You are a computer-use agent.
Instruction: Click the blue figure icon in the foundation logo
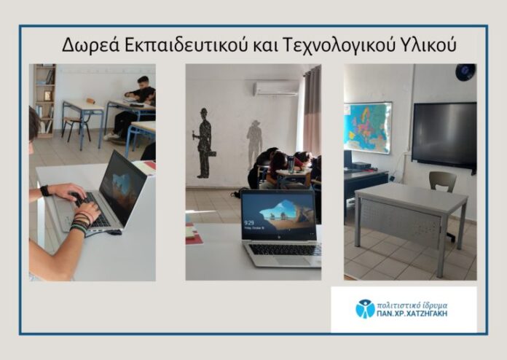[x=365, y=308]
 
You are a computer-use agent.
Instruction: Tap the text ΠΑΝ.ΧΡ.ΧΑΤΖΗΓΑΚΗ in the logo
[x=412, y=313]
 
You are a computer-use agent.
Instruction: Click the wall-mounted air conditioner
[x=276, y=88]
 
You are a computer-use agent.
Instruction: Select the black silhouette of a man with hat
[x=205, y=143]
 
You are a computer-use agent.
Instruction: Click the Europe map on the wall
[x=368, y=127]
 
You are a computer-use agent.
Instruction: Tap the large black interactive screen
[x=444, y=135]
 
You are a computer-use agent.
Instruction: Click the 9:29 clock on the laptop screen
[x=249, y=223]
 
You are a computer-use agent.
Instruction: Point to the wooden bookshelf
[x=44, y=101]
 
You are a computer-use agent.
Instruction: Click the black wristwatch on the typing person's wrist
[x=45, y=190]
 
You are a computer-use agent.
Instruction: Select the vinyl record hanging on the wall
[x=465, y=72]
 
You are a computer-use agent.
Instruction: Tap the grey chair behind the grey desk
[x=443, y=181]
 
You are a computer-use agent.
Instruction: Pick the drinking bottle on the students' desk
[x=291, y=164]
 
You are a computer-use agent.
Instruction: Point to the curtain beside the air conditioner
[x=312, y=110]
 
